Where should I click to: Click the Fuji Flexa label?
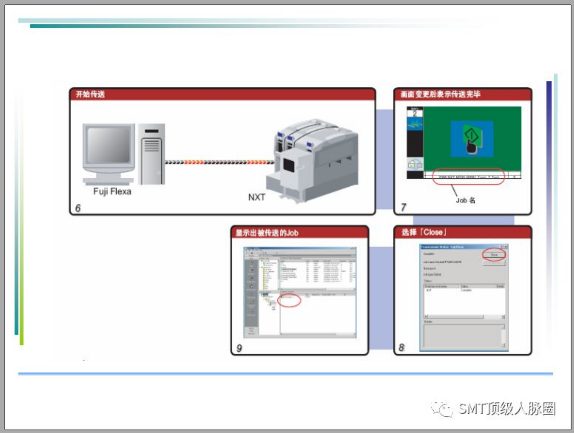112,191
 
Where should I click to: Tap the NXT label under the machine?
256,197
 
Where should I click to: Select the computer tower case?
152,154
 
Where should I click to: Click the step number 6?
78,208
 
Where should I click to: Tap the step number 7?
403,207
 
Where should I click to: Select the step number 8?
401,347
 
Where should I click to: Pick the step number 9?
239,348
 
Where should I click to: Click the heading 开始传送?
90,95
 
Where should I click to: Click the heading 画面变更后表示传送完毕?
440,95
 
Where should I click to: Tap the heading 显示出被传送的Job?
267,233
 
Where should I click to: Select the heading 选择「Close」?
424,233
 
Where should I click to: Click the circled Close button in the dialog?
494,255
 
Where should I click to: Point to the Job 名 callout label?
465,200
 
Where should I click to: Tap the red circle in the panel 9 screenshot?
289,300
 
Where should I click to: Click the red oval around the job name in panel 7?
468,176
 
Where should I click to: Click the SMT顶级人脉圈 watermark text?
506,409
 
